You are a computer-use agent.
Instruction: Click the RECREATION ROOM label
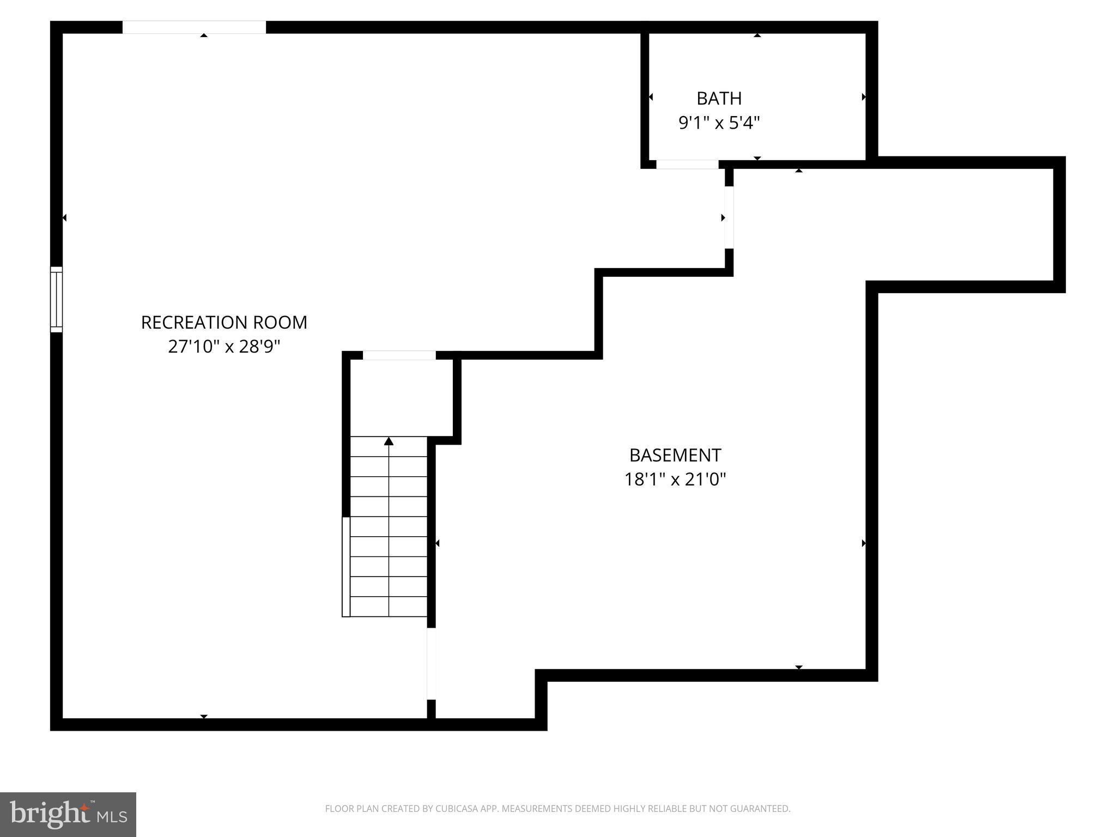coord(224,323)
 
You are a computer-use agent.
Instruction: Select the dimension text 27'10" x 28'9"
coord(224,347)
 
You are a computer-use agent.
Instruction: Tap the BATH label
coord(719,99)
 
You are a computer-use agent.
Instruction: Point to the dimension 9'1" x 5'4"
coord(719,123)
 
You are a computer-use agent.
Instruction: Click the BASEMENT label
coord(675,455)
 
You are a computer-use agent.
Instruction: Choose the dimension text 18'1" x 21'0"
coord(675,480)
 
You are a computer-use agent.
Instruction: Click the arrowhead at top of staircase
coord(389,441)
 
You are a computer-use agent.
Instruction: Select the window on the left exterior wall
coord(56,299)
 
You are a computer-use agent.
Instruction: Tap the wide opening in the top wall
coord(194,27)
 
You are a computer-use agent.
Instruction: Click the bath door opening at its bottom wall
coord(687,165)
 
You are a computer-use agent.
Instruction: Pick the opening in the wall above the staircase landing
coord(399,355)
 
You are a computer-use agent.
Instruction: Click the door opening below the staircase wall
coord(431,663)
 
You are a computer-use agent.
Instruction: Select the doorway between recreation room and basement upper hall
coord(729,217)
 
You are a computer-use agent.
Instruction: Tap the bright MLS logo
coord(68,814)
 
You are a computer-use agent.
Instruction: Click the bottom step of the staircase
coord(389,606)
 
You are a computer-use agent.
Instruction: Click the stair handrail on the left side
coord(345,567)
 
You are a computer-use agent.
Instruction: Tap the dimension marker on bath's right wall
coord(864,97)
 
